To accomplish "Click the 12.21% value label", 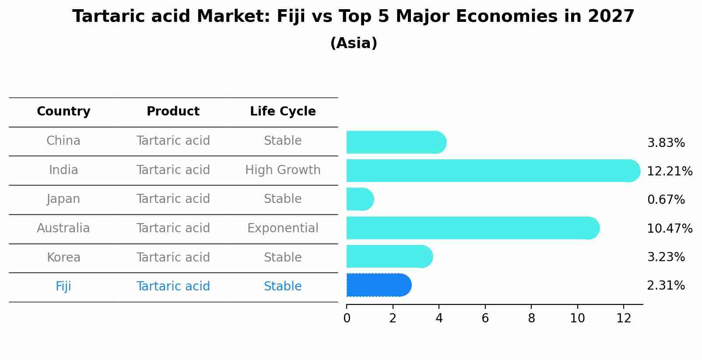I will [x=669, y=171].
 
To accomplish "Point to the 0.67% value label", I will [x=666, y=200].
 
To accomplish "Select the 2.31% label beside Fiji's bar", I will [x=666, y=286].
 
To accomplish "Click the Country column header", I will [x=63, y=112].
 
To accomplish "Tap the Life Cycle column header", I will [x=283, y=112].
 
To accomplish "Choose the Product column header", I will [x=173, y=112].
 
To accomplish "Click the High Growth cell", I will [x=283, y=170].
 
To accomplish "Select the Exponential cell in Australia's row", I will [x=283, y=228].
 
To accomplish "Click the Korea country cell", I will [x=63, y=258].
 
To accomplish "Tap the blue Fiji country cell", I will [x=63, y=287].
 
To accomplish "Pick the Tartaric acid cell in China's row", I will [x=173, y=141].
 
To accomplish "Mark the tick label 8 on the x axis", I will [x=531, y=318].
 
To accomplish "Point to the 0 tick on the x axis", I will [x=347, y=318].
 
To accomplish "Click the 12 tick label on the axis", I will [x=624, y=318].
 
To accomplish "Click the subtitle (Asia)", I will [x=354, y=43].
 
